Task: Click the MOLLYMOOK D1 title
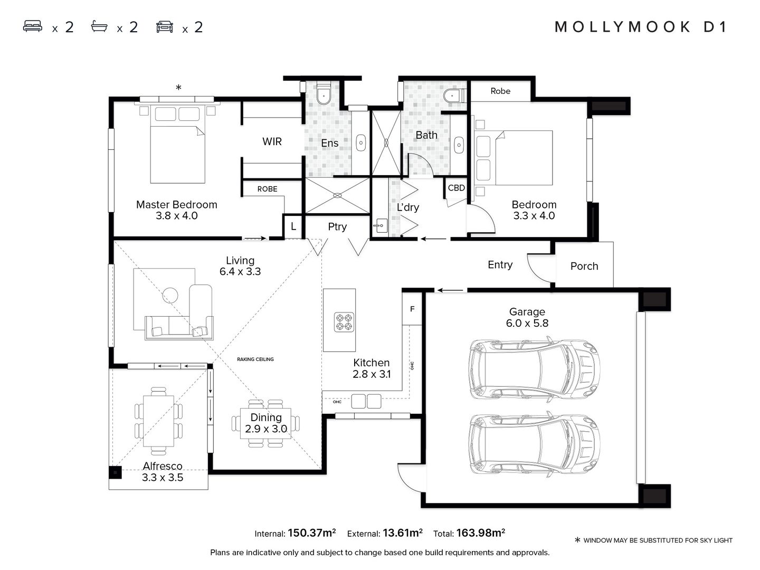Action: click(x=641, y=27)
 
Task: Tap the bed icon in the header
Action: click(x=33, y=26)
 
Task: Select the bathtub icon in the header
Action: click(x=99, y=26)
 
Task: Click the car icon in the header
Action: click(x=165, y=26)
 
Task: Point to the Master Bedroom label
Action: click(x=176, y=205)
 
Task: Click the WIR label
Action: click(x=272, y=141)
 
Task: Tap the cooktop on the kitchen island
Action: click(x=344, y=321)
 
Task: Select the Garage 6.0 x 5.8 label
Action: click(x=527, y=318)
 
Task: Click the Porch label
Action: click(x=584, y=267)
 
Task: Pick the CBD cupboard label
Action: click(x=456, y=188)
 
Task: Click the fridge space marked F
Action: click(x=412, y=309)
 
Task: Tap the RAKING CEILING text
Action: click(x=255, y=359)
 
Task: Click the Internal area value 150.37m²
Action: click(x=311, y=533)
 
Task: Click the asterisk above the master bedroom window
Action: click(x=178, y=88)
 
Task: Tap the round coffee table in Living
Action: click(x=170, y=295)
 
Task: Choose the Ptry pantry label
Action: click(x=337, y=227)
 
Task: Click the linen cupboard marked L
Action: click(x=293, y=227)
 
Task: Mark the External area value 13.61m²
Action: click(x=402, y=533)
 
